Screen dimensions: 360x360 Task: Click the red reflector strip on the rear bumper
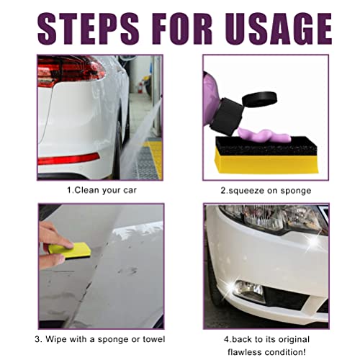tap(68, 158)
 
